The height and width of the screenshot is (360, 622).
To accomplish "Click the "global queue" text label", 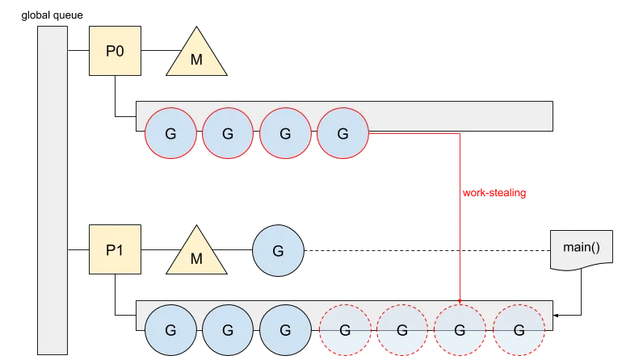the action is click(x=52, y=15).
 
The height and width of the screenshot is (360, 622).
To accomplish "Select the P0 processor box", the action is click(x=115, y=51).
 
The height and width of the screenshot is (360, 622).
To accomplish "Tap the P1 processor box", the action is click(x=115, y=249).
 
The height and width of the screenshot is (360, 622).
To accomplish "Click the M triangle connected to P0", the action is click(x=196, y=56).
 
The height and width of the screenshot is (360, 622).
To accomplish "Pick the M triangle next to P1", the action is click(x=196, y=254).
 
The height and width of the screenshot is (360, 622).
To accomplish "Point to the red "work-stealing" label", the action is click(x=494, y=193).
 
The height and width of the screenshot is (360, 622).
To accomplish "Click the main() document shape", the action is click(x=581, y=249).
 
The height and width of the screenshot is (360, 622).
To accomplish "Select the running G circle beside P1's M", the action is click(x=278, y=250).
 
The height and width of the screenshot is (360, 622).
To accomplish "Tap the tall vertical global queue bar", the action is click(x=53, y=190).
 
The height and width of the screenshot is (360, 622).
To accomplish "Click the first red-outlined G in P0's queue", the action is click(x=170, y=133).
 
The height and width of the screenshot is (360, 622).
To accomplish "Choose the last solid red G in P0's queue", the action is click(x=343, y=133).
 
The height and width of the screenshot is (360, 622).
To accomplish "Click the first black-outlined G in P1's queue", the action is click(x=170, y=330).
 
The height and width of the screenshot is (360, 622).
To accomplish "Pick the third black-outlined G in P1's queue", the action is click(x=285, y=330).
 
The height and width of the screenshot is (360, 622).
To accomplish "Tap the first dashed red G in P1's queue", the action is click(x=345, y=330).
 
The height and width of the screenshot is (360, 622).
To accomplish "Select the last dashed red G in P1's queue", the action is click(x=519, y=330).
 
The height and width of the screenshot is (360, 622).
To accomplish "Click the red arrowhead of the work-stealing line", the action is click(x=460, y=302).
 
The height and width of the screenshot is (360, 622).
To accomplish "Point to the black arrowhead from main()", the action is click(x=556, y=316).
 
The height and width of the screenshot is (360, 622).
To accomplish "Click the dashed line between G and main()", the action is click(x=427, y=250).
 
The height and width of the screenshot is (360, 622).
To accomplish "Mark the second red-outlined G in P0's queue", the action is click(x=228, y=133).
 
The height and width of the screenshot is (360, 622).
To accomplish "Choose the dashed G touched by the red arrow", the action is click(x=460, y=330).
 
